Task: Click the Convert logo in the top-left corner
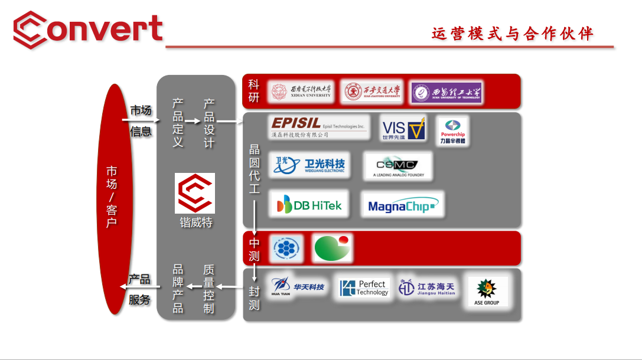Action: tap(87, 30)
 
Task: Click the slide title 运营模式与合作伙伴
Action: tap(512, 34)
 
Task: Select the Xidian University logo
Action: tap(301, 92)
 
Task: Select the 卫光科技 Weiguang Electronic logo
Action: tap(309, 165)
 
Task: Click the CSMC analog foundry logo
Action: tap(397, 166)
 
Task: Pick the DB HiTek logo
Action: tap(309, 204)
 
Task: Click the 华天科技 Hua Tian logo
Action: tap(298, 287)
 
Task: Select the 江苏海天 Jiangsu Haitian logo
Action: tap(426, 288)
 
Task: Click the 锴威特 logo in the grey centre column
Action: tap(195, 194)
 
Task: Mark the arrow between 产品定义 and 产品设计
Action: tap(193, 120)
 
